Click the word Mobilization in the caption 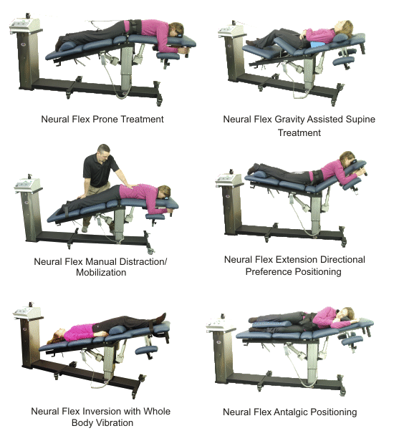(x=101, y=273)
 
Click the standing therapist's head (x=104, y=152)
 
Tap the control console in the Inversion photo (x=27, y=312)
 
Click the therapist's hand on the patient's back (x=132, y=186)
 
